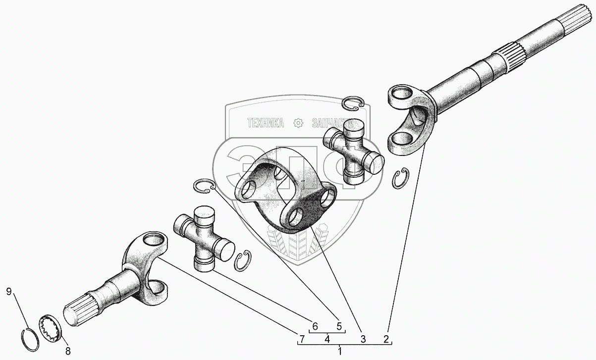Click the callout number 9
pos(9,292)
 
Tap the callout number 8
pos(68,351)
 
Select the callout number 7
pos(302,339)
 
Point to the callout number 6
pos(315,326)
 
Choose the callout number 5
pos(339,326)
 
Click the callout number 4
pos(327,339)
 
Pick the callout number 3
pos(363,339)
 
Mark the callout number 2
pos(386,339)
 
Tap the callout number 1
pos(340,352)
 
